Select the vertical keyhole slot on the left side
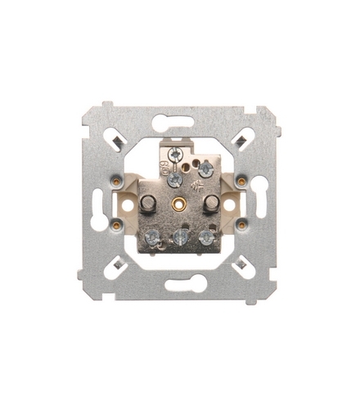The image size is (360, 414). tap(99, 204)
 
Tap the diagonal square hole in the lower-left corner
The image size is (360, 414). tap(119, 264)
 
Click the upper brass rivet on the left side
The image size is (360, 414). tap(117, 181)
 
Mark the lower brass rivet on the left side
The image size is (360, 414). tap(117, 223)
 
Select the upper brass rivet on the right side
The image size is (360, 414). tap(242, 180)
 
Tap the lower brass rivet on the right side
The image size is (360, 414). tap(242, 223)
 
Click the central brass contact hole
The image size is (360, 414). tap(179, 201)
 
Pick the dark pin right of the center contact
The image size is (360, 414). tap(210, 201)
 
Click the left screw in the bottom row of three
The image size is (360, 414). tap(151, 238)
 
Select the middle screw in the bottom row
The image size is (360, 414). tap(180, 239)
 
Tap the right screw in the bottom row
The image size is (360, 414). tap(207, 238)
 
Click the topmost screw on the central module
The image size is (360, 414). tap(174, 153)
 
